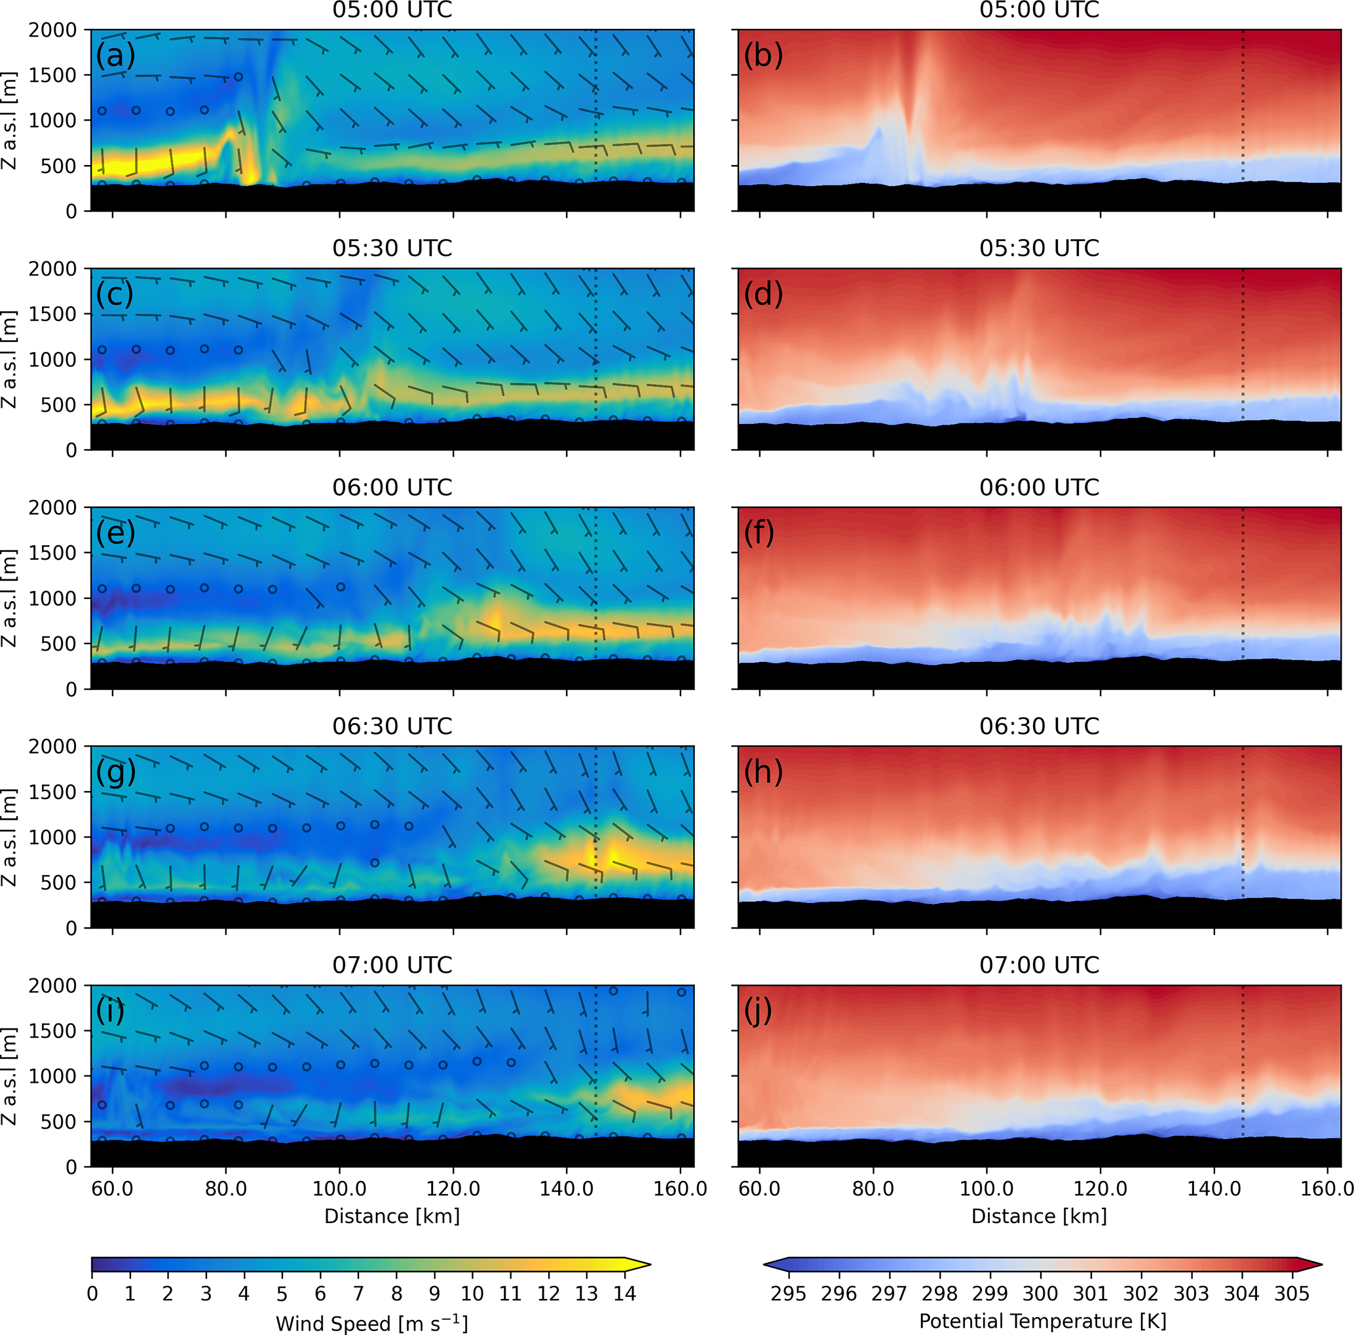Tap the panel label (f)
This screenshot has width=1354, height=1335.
[x=760, y=533]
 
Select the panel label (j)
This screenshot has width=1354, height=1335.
[x=758, y=1011]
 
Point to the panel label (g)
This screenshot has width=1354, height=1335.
[x=116, y=772]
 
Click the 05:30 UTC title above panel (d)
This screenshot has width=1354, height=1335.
[x=1039, y=248]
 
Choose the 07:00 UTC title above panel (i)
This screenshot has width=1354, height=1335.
[x=392, y=965]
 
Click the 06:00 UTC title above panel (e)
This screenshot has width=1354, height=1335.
[x=392, y=488]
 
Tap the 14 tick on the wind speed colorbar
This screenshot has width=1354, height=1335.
[x=624, y=1293]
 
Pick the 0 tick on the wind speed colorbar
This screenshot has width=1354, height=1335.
[x=92, y=1293]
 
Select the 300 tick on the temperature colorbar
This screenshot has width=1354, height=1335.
[x=1040, y=1293]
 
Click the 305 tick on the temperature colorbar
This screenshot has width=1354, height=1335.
[x=1292, y=1293]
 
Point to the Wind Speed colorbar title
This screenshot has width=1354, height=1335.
[x=371, y=1323]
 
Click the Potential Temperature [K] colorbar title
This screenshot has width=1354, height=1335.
[x=1042, y=1321]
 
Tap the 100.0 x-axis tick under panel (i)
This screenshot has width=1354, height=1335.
[x=339, y=1188]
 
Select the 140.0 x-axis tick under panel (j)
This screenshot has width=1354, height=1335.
[x=1214, y=1188]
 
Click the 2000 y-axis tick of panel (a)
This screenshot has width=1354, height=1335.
[x=52, y=30]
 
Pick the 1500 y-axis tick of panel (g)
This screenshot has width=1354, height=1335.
[x=52, y=792]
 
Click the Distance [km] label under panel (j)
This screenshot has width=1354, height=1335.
[x=1039, y=1216]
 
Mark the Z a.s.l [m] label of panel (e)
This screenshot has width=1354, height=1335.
[x=10, y=598]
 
